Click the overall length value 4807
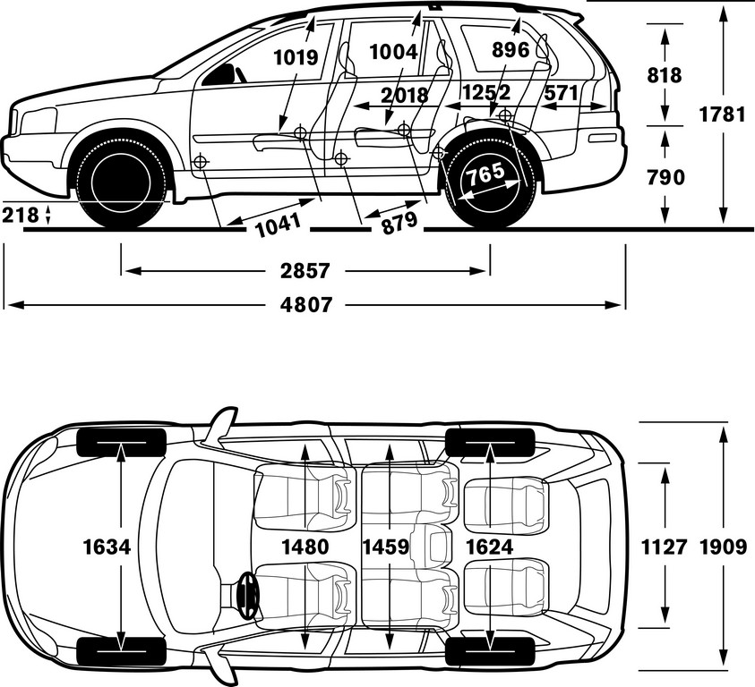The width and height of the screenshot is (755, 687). click(x=306, y=305)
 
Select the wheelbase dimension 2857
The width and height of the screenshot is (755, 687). click(x=305, y=271)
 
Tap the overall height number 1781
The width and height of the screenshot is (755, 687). click(x=722, y=115)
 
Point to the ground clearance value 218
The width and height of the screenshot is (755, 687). click(x=21, y=215)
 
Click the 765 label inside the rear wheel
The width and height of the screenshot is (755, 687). click(x=485, y=174)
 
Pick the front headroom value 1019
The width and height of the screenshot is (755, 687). click(x=296, y=58)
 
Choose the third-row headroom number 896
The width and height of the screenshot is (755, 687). click(x=510, y=50)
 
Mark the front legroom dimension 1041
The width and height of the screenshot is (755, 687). click(x=279, y=225)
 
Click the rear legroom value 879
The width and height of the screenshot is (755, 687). click(x=399, y=222)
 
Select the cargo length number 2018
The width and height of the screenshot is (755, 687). click(x=405, y=96)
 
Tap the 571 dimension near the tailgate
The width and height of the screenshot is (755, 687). click(x=561, y=92)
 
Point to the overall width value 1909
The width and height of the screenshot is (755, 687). click(x=724, y=547)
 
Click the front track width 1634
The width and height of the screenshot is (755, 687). click(x=107, y=547)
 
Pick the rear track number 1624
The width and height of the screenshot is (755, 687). click(x=490, y=547)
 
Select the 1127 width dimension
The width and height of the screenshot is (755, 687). click(x=664, y=547)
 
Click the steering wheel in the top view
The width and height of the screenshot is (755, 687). click(x=248, y=595)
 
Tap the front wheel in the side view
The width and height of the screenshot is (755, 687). click(x=122, y=182)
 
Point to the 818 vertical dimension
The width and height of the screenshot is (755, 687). click(x=665, y=75)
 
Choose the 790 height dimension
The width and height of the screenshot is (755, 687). click(x=665, y=177)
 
